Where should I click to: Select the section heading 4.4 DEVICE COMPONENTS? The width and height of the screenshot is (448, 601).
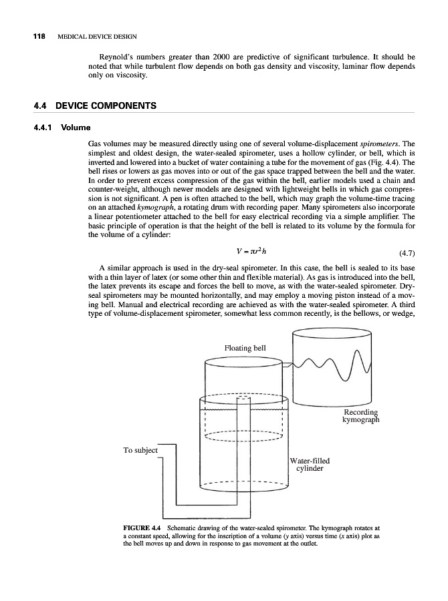tap(94, 106)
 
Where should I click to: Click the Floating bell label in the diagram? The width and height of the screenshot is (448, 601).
tap(245, 348)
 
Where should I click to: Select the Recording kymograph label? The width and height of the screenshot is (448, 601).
tap(360, 415)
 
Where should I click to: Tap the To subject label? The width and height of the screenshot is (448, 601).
tap(140, 450)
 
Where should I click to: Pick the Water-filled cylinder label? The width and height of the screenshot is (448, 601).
tap(310, 464)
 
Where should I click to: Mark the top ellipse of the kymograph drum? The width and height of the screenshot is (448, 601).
tap(331, 335)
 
